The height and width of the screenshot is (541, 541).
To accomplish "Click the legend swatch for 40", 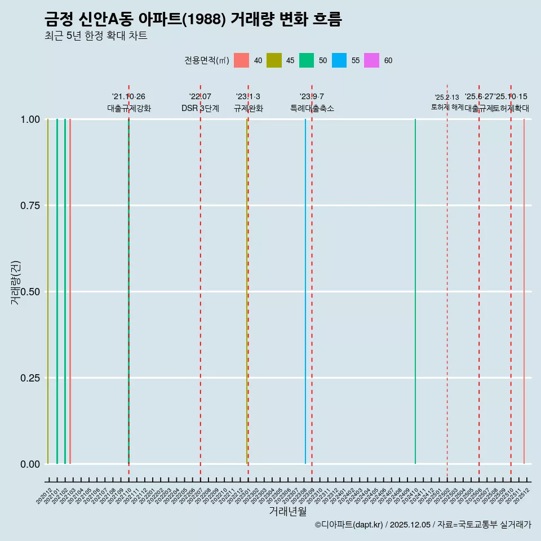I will pos(241,60).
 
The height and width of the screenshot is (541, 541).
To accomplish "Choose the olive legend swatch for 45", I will pos(274,60).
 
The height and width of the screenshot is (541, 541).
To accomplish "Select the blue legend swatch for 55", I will pos(339,60).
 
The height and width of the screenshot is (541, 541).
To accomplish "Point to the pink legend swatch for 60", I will pos(372,60).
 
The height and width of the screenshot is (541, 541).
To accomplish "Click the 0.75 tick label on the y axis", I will pos(30,206).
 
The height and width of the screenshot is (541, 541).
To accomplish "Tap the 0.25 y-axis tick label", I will pos(30,378).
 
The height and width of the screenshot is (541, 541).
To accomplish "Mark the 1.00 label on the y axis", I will pos(30,119).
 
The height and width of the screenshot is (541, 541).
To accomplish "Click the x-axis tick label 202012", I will pos(45,496).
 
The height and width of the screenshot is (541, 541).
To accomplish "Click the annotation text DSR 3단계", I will pos(200,108).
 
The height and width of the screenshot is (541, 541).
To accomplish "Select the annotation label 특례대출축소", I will pos(312,108).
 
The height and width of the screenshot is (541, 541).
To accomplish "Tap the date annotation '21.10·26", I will pos(128,97).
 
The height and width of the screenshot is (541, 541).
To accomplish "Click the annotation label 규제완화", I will pos(249,108).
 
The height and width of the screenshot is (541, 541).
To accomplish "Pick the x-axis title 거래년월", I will pos(288,512).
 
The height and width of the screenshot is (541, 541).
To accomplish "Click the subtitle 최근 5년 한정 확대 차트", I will pos(96,36).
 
